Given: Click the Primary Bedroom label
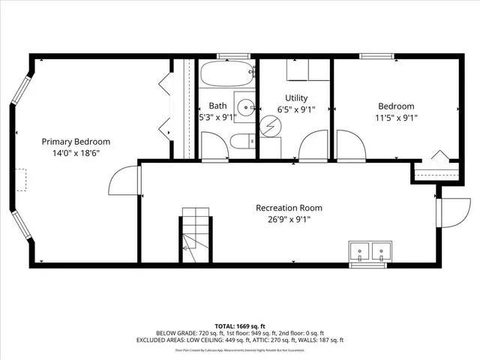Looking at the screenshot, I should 76,142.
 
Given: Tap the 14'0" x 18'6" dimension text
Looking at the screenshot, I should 76,153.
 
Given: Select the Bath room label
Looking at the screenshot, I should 217,106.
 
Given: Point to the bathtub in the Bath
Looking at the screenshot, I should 227,76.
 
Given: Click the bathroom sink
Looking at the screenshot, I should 244,106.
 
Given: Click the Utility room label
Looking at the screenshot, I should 295,98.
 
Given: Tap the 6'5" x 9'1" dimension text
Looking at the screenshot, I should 295,109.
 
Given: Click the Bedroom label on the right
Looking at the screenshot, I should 395,106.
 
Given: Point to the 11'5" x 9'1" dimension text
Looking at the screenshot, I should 395,118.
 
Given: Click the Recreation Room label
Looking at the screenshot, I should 289,208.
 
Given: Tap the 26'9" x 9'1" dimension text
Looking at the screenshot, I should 289,219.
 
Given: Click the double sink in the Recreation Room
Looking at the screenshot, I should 370,252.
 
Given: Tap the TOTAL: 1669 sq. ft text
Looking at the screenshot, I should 241,326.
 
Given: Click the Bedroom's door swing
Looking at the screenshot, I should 349,145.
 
